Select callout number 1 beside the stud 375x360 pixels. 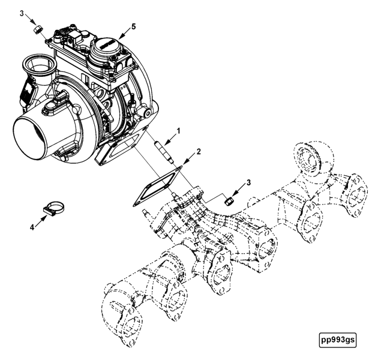[x=178, y=130]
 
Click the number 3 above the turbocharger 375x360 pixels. [x=22, y=13]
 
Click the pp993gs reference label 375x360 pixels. [x=338, y=340]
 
